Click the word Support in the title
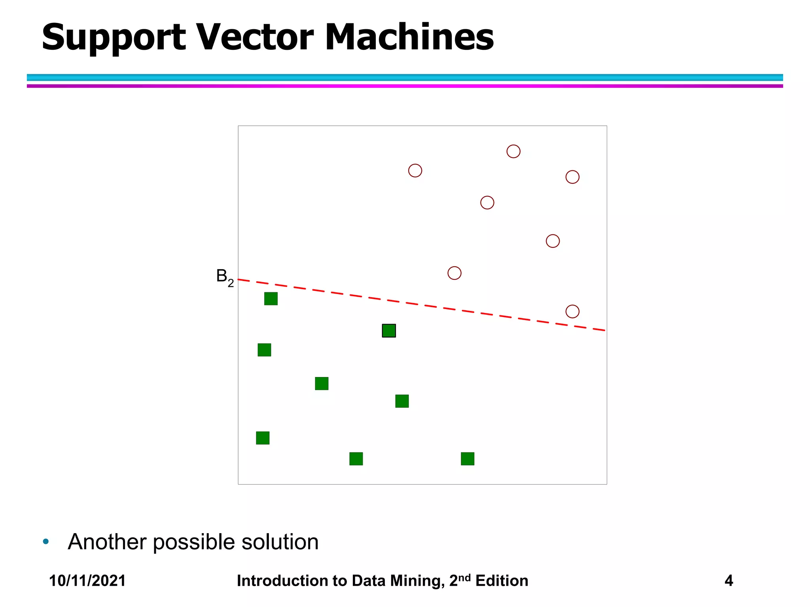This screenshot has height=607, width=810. click(x=114, y=38)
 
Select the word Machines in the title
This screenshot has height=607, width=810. click(x=409, y=38)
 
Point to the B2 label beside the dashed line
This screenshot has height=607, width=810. click(x=225, y=277)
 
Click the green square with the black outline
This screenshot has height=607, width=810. click(x=389, y=331)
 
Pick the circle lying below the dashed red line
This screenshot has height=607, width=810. click(x=572, y=311)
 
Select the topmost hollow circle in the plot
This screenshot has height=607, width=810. click(x=513, y=151)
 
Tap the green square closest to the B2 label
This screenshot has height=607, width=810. click(x=271, y=299)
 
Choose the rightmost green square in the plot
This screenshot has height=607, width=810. click(x=467, y=459)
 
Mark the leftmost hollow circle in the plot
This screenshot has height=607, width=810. click(x=415, y=171)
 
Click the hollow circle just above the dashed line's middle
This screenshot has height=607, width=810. click(x=454, y=273)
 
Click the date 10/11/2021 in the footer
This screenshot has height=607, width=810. click(x=87, y=581)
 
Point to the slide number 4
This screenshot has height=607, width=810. click(x=729, y=581)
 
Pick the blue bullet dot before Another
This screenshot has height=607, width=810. click(x=46, y=541)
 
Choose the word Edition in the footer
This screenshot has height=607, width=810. click(x=502, y=581)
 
